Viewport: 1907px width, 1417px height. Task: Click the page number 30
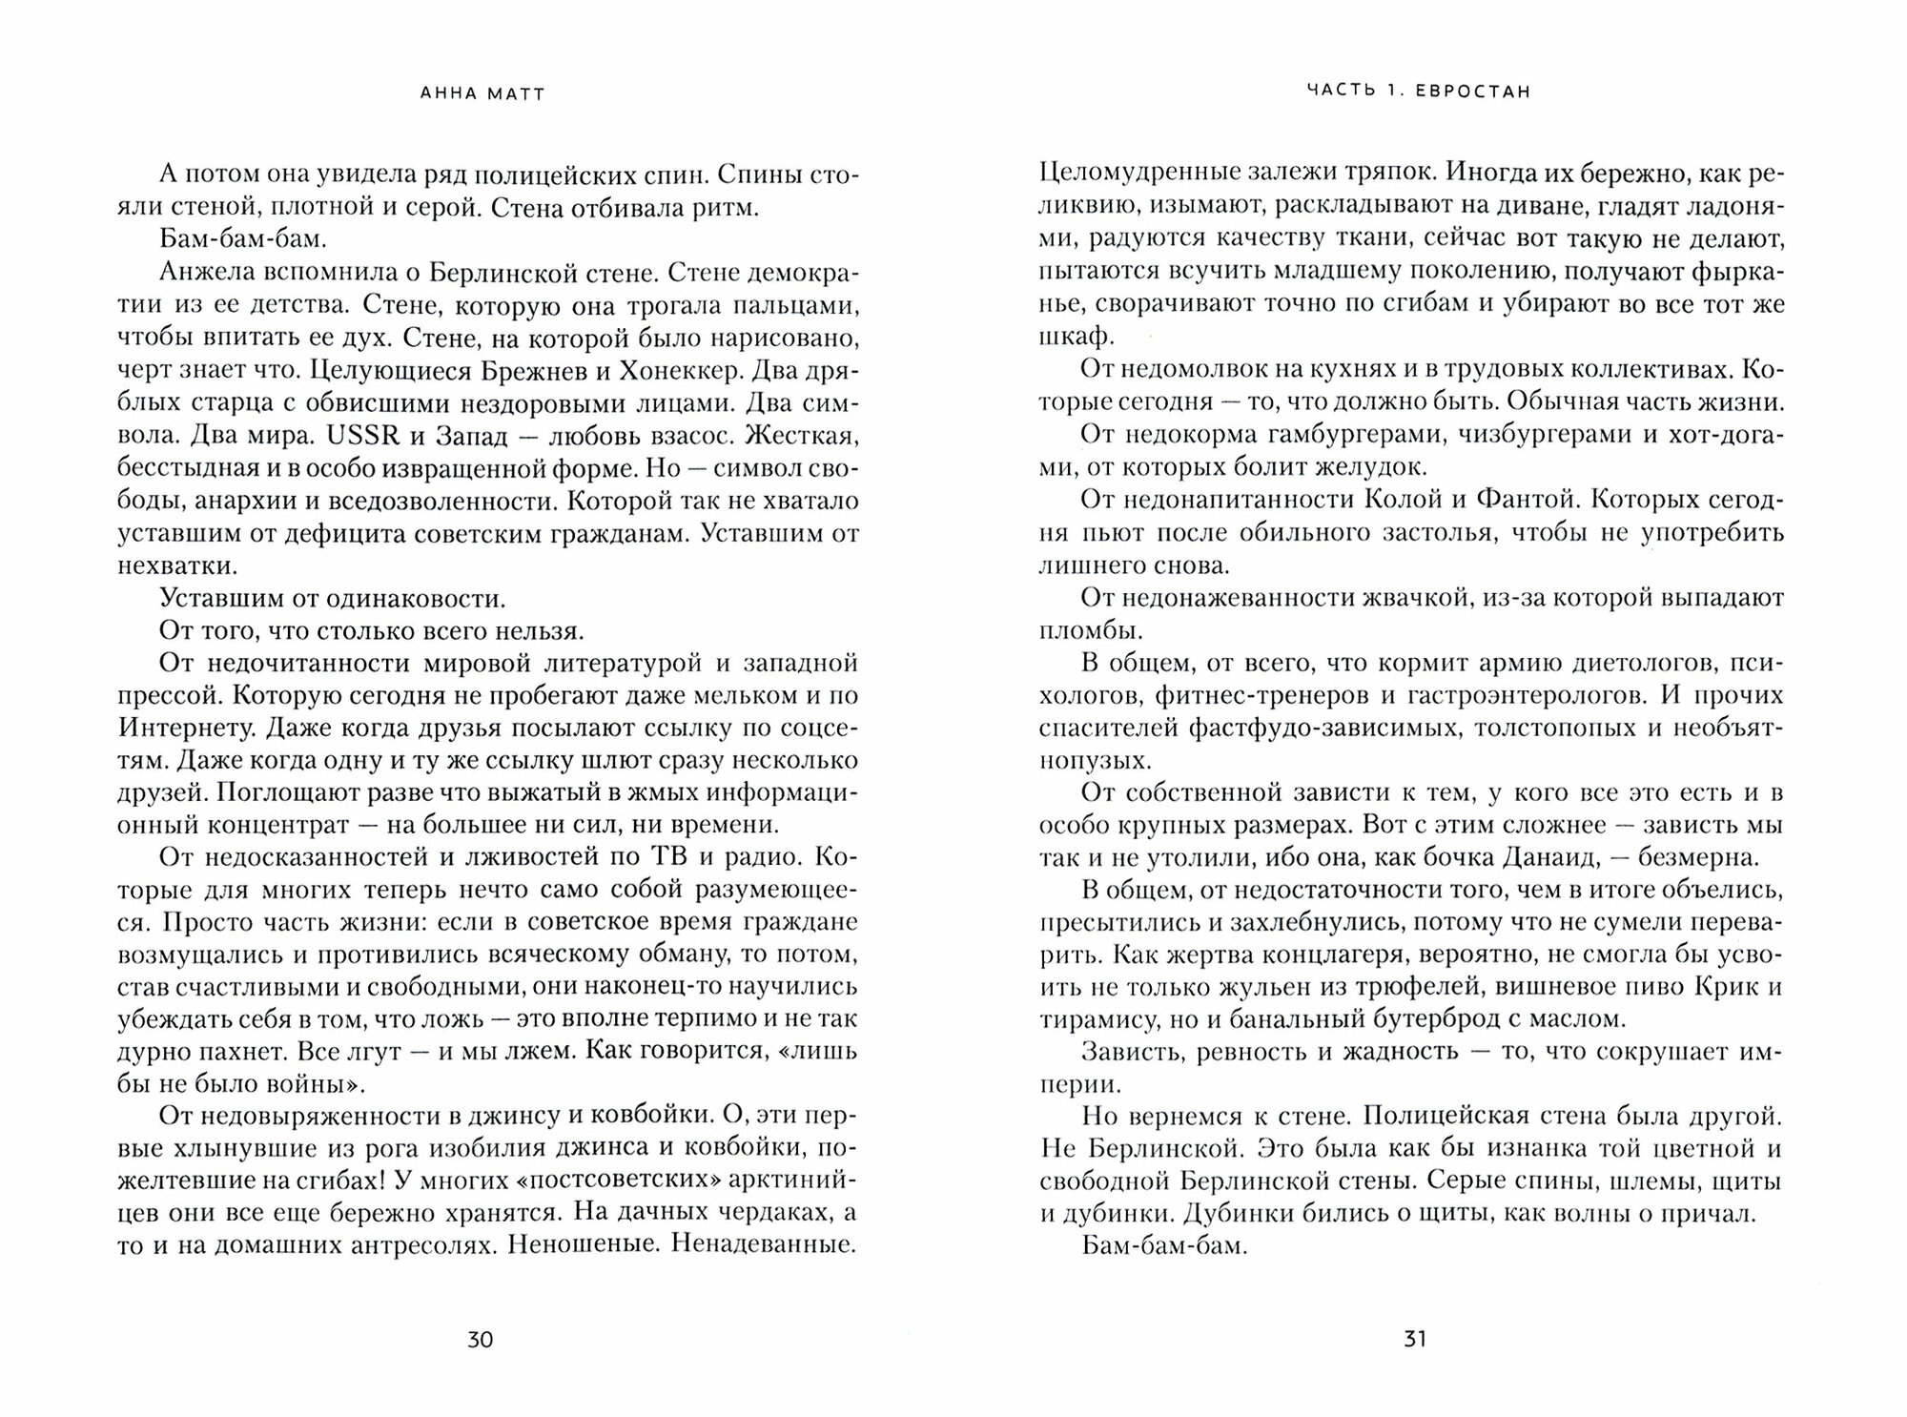(480, 1340)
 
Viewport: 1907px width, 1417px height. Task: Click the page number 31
(1415, 1340)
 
